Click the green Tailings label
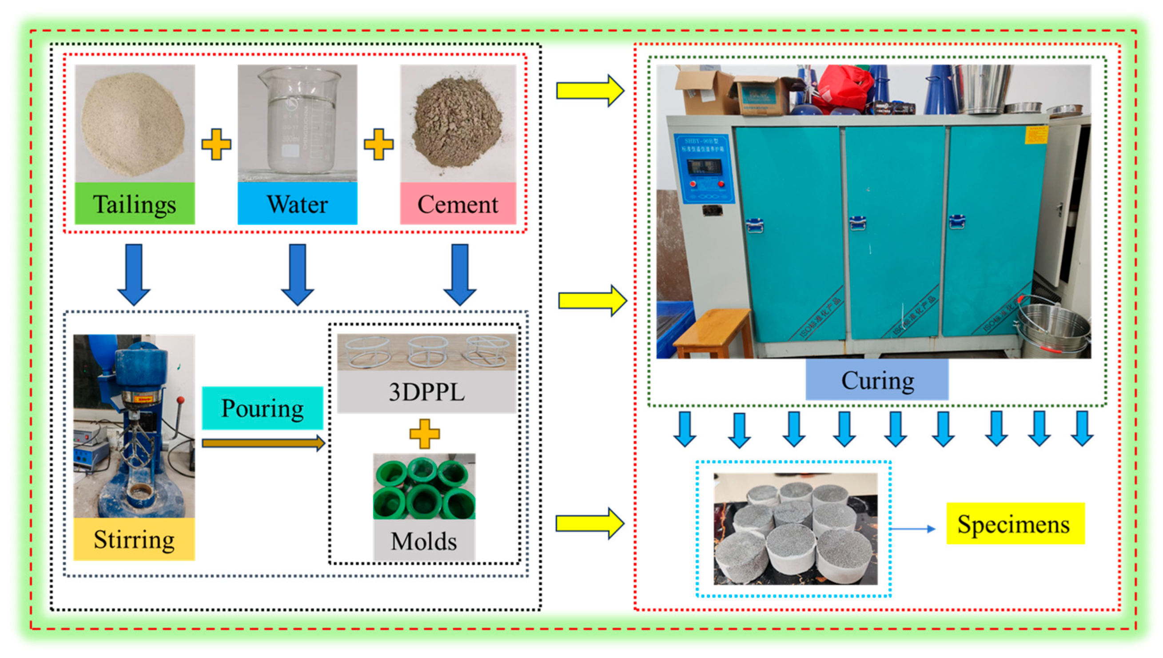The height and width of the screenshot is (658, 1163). [135, 204]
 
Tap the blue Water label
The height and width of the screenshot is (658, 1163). [297, 204]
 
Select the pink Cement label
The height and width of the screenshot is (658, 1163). [458, 204]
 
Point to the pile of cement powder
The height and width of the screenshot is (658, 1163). [457, 122]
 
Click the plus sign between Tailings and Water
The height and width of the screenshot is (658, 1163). [216, 144]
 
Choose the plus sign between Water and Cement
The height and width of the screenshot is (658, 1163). [378, 144]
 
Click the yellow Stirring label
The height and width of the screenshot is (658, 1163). [134, 539]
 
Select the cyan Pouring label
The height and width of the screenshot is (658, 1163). [262, 408]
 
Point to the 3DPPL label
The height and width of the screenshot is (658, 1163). [426, 392]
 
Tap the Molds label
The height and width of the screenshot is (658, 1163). [424, 541]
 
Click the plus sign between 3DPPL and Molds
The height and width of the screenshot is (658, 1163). [424, 433]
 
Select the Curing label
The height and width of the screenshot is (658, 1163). [877, 380]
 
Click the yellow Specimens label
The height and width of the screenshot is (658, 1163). [1015, 524]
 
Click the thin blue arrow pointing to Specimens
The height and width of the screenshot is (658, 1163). [912, 528]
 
